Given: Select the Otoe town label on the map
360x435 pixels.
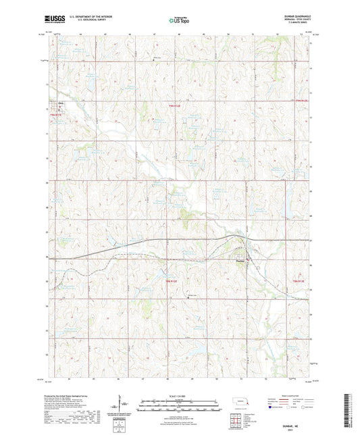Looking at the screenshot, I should (x=60, y=103).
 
